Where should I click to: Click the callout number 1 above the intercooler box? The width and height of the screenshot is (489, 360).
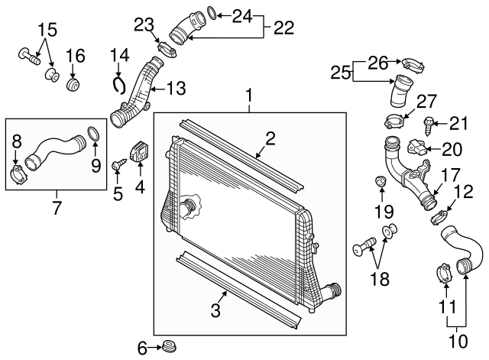(248, 96)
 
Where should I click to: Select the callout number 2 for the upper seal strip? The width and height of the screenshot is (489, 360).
(270, 138)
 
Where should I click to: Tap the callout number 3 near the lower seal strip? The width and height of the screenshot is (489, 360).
(215, 310)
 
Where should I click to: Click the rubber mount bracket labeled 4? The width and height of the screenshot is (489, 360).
(141, 152)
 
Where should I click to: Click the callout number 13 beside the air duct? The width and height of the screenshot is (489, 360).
(176, 89)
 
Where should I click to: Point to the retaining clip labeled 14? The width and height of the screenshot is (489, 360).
(118, 82)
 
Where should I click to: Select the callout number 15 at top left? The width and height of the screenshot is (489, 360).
(48, 30)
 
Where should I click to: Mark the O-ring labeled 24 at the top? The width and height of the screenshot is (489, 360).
(216, 14)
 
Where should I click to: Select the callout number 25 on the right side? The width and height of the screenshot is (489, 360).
(341, 73)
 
